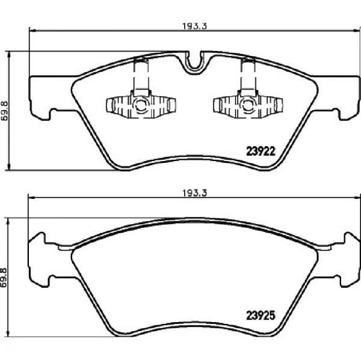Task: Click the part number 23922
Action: point(261,151)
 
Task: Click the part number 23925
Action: point(261,316)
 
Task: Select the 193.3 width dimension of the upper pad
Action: point(195,26)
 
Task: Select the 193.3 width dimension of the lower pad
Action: point(195,193)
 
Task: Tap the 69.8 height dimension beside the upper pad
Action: point(4,111)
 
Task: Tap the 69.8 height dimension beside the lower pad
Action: point(4,278)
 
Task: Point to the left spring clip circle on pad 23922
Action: point(140,105)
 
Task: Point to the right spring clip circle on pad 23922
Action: point(248,105)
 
